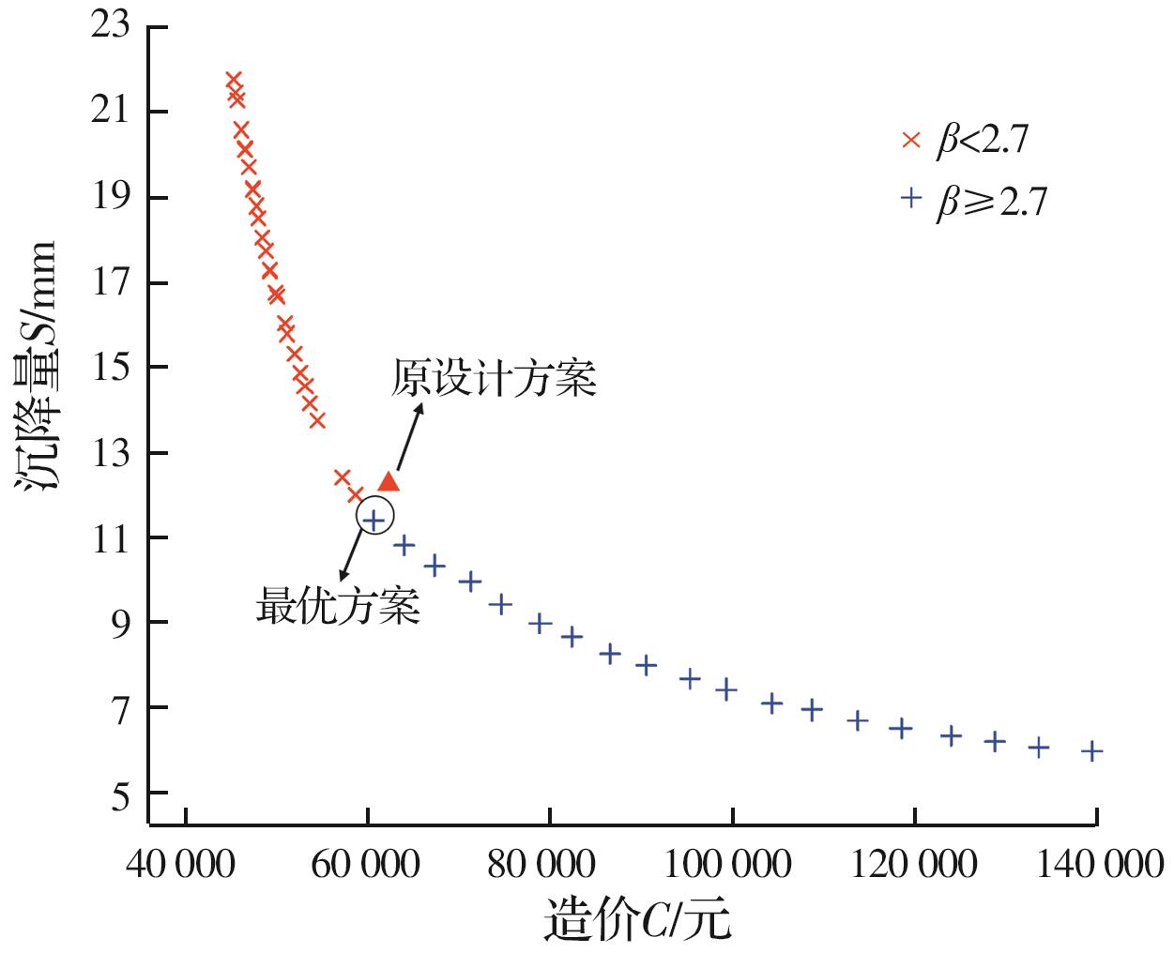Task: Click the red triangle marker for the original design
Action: [389, 482]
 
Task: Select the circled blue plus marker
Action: [374, 517]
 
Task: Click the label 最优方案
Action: [338, 607]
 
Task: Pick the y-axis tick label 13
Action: [110, 453]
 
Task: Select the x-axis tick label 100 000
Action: [730, 864]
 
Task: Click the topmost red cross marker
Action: [234, 80]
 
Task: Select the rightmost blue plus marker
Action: [1091, 750]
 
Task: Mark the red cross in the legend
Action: [910, 141]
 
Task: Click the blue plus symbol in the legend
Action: [909, 199]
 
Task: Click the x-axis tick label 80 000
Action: [548, 864]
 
